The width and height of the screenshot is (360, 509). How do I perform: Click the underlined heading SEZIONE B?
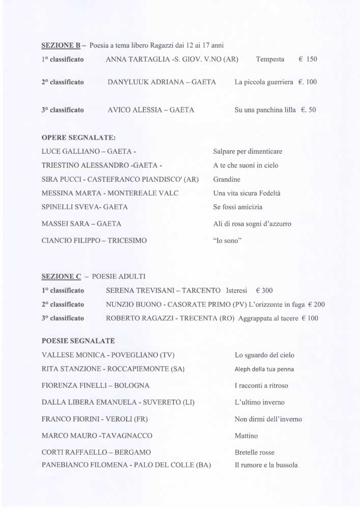click(61, 46)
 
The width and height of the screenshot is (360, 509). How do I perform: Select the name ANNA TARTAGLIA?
click(136, 60)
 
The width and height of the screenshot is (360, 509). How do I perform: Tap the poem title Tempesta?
click(270, 60)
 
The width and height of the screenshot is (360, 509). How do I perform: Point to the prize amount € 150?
click(308, 60)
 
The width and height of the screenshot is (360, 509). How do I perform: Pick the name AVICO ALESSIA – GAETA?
click(151, 109)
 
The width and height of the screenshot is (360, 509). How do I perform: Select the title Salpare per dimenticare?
click(247, 152)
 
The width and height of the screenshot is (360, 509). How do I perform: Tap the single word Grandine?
click(227, 180)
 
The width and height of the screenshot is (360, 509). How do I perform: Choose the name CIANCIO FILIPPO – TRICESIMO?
click(94, 241)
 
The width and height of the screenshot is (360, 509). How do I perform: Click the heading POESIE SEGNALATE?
click(78, 340)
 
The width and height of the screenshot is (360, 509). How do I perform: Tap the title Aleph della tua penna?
click(264, 369)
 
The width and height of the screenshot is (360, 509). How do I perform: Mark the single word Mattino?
click(246, 436)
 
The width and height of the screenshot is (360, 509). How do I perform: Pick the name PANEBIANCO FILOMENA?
click(89, 465)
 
